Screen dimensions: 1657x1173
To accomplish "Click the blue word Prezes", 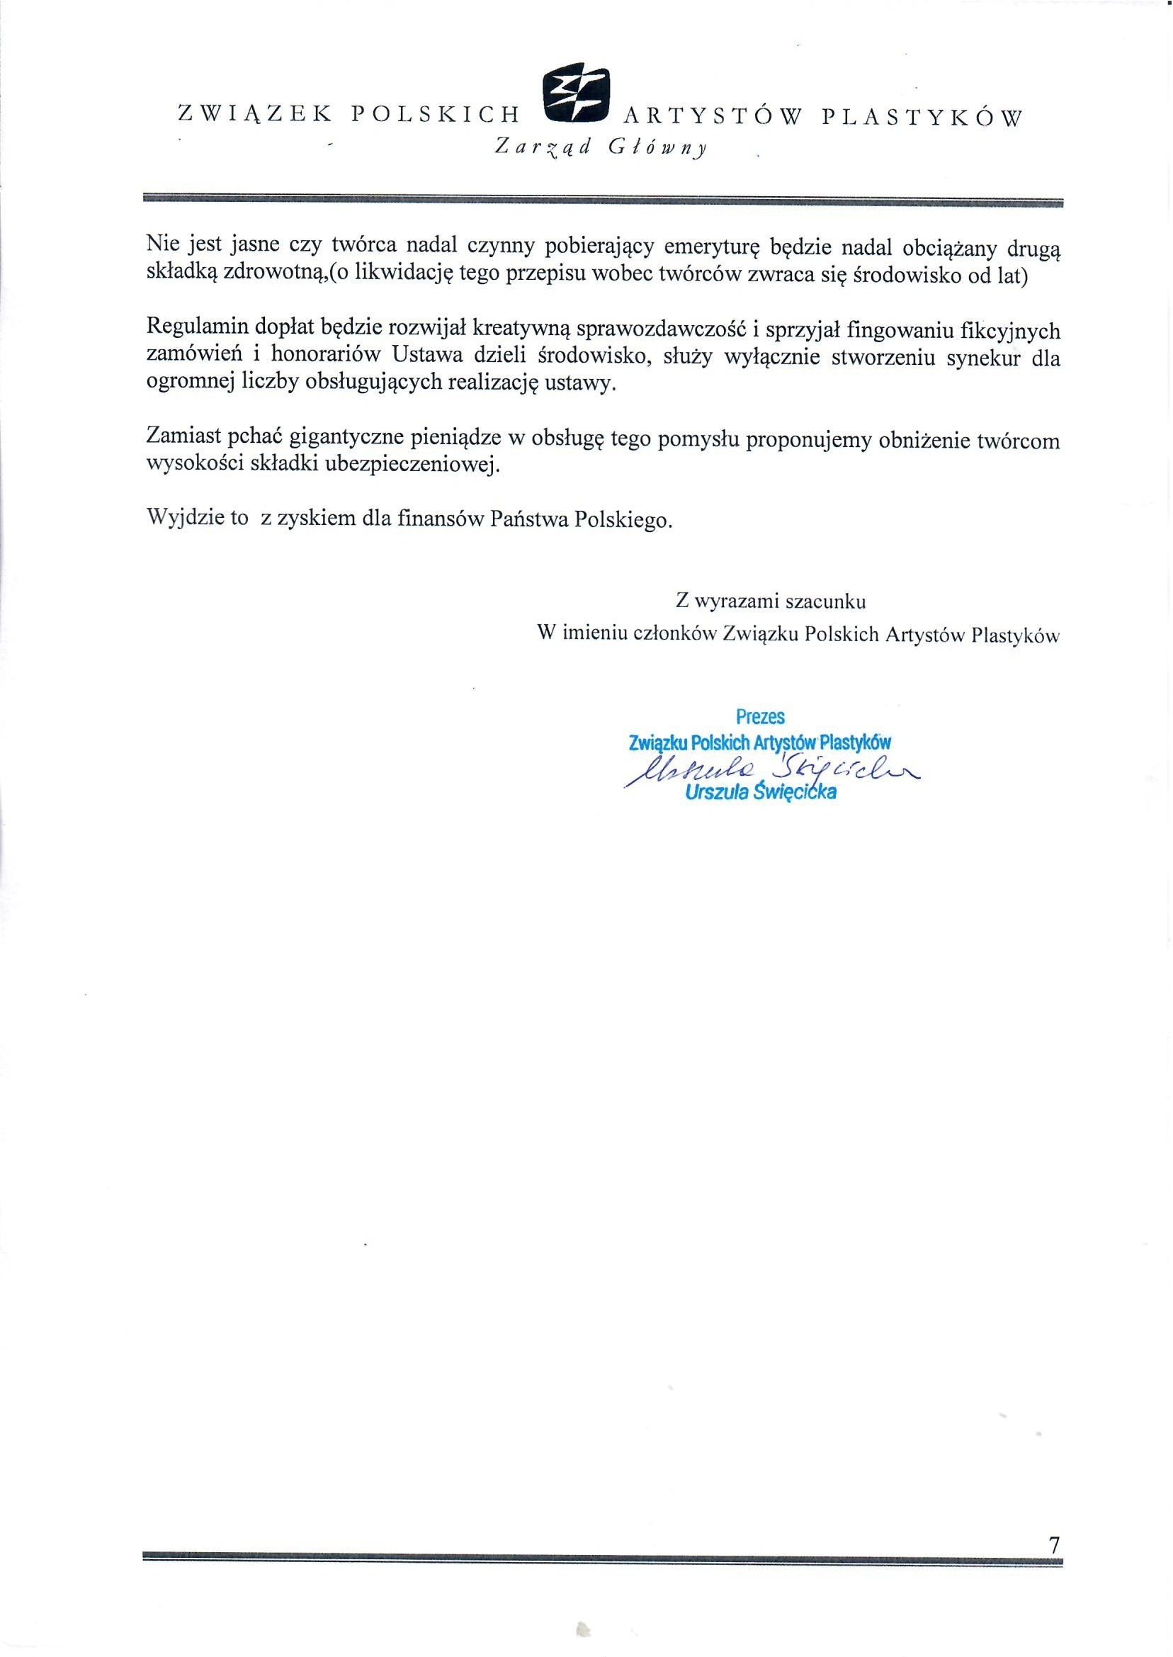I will pos(760,716).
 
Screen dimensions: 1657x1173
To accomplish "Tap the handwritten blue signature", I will pos(769,770).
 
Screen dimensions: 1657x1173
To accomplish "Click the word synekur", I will pos(983,358).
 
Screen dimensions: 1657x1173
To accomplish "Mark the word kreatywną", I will pos(521,329).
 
